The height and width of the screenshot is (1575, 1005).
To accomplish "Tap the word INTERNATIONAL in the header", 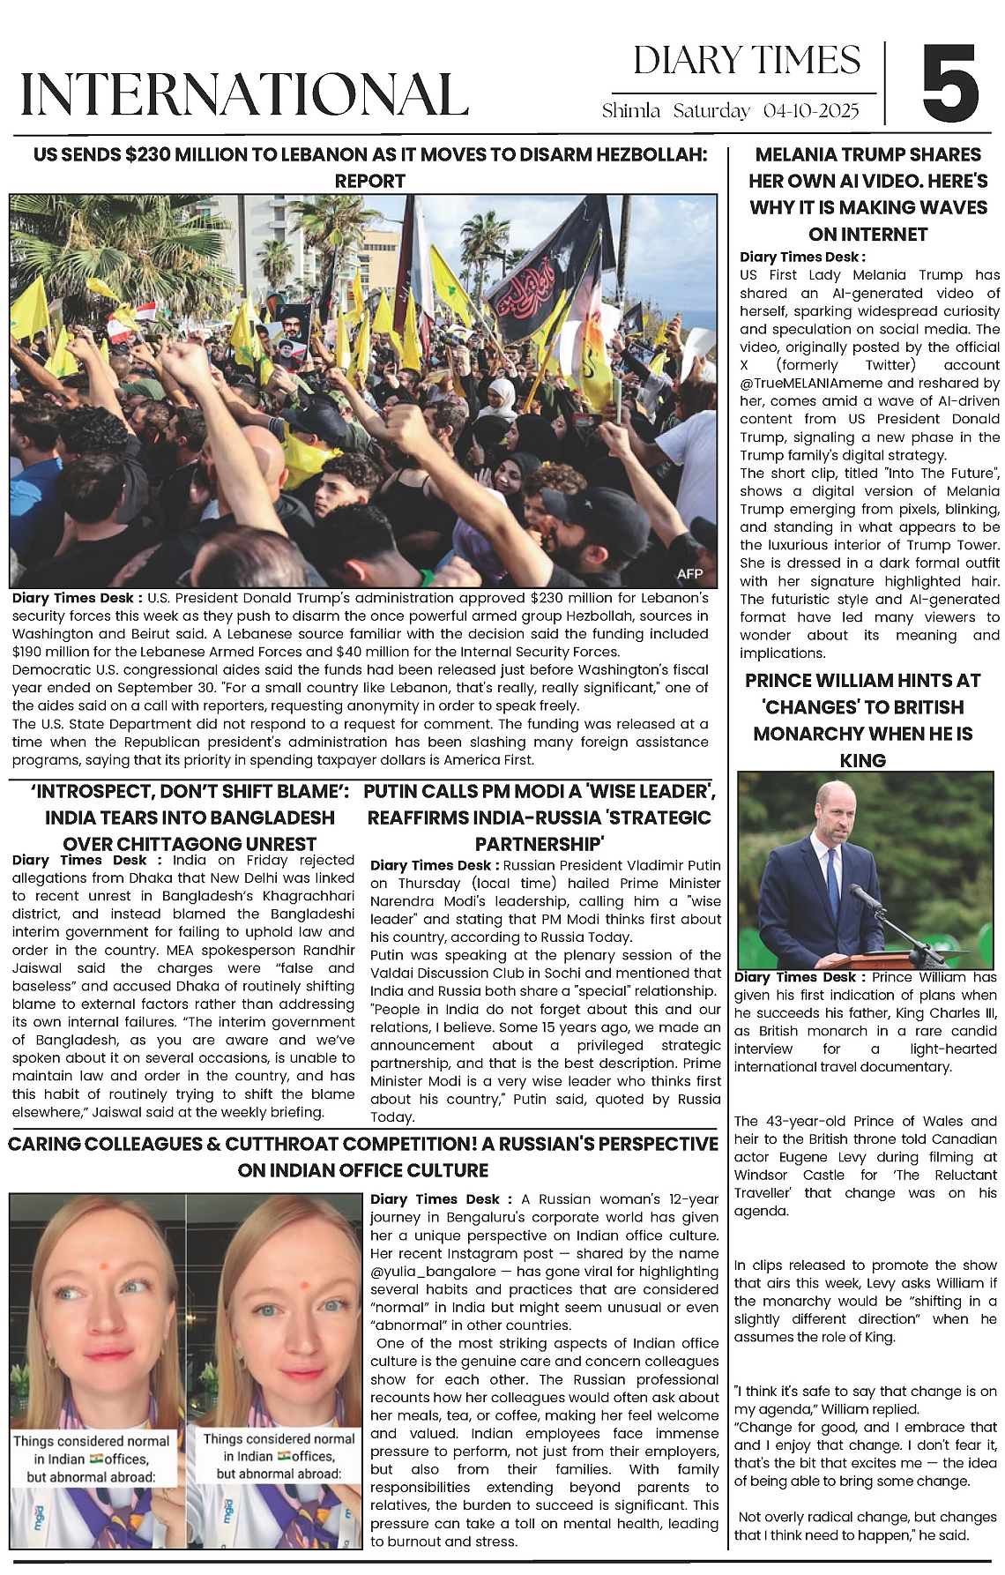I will tap(243, 93).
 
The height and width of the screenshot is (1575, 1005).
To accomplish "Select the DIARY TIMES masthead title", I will tap(746, 60).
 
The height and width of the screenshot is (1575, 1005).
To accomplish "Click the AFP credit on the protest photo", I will tap(689, 574).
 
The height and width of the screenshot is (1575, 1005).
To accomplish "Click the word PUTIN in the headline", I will tap(394, 791).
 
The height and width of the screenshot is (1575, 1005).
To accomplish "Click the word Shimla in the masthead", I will tap(630, 111).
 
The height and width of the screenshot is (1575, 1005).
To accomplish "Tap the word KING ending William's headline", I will tap(863, 760).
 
